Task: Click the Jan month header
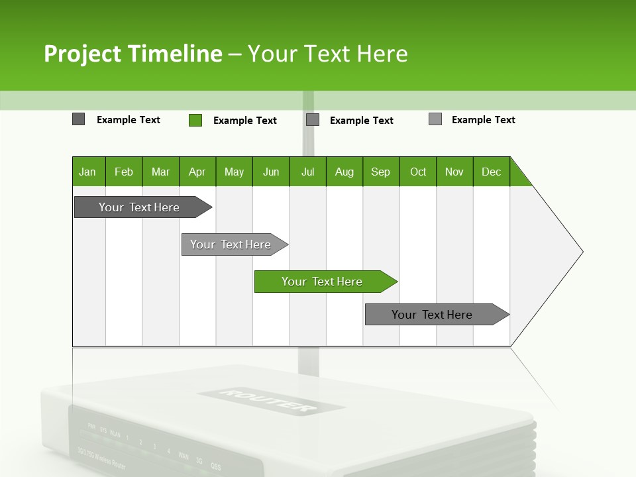87,172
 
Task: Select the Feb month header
124,172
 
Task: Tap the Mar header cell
160,172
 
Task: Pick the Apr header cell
197,172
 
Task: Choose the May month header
234,172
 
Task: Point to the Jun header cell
271,172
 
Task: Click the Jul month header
307,172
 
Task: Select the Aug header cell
344,172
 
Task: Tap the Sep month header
381,172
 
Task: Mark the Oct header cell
418,172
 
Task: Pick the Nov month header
454,172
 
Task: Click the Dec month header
492,172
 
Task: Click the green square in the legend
195,120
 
